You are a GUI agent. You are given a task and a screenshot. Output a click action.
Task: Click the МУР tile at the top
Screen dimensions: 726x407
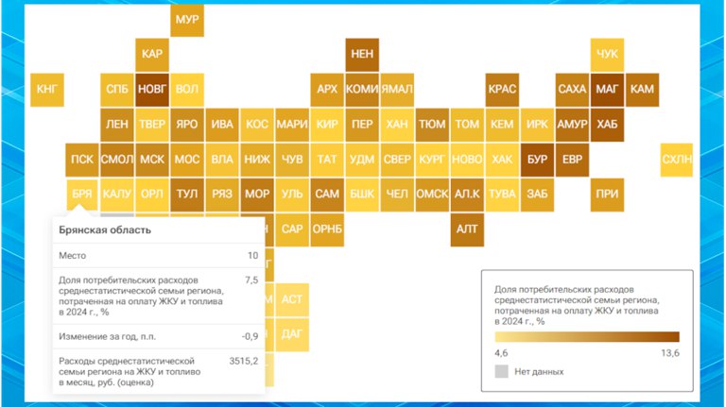click(187, 20)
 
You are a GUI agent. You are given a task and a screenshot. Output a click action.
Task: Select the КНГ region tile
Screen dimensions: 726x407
click(47, 90)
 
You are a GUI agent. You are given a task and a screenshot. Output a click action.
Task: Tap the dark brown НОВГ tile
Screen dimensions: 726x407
click(152, 90)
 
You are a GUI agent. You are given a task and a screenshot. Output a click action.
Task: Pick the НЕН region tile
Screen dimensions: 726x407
click(362, 55)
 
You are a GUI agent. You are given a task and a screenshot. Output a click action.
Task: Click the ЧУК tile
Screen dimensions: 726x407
click(607, 55)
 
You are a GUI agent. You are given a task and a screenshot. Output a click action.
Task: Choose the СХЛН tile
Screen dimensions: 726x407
click(677, 160)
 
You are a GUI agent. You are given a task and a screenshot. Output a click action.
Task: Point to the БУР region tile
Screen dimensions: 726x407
click(537, 160)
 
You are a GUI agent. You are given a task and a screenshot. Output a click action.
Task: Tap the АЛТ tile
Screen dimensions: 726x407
click(467, 229)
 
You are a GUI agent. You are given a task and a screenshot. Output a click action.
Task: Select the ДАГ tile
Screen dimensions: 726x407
click(292, 334)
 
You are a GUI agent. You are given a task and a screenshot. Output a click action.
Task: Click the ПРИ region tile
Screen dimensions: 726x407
click(607, 195)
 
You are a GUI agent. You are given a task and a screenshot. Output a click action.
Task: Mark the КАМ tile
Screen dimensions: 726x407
click(642, 90)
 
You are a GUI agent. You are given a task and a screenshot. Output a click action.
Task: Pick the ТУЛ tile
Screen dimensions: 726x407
click(187, 195)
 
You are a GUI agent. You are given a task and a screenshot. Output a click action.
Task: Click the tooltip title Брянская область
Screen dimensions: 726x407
click(105, 230)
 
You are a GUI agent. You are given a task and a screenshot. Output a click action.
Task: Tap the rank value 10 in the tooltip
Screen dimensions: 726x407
click(252, 256)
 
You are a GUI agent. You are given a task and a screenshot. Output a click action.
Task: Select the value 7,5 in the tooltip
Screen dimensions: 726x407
click(251, 280)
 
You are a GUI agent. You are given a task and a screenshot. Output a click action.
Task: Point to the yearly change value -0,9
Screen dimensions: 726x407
click(250, 337)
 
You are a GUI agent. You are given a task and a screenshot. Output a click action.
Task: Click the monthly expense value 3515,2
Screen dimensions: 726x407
click(244, 362)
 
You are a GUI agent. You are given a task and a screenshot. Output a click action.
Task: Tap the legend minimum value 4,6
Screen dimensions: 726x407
click(501, 353)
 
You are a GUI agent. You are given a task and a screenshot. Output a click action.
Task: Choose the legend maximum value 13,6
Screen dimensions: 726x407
click(670, 353)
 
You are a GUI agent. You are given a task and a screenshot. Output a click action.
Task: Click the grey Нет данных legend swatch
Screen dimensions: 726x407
click(501, 371)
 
